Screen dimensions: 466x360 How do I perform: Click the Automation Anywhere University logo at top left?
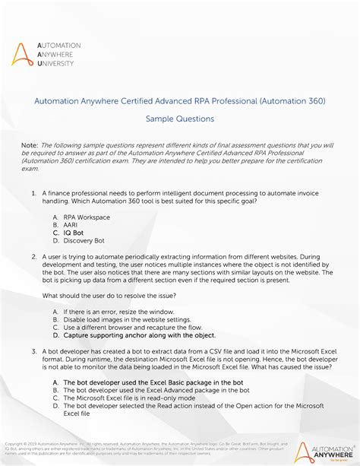coord(45,55)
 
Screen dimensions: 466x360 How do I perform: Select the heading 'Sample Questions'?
coord(180,119)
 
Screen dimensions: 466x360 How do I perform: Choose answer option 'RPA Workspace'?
coord(87,217)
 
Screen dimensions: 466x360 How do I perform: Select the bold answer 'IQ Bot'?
coord(74,233)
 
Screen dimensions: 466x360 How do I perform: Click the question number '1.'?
coord(34,194)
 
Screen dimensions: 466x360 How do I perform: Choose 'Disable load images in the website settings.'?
coord(132,320)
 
